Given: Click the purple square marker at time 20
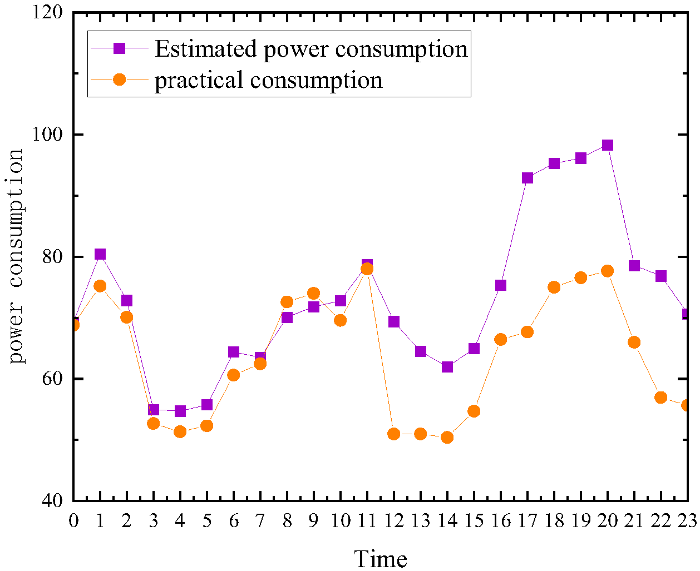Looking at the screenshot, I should (608, 145).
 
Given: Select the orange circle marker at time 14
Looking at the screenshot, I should (447, 438).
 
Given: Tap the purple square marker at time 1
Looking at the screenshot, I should (100, 254).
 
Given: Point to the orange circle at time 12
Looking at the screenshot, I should (394, 434).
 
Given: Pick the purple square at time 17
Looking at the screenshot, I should (528, 178).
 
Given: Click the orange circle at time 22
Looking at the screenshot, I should (661, 398).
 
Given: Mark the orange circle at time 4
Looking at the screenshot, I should (180, 431).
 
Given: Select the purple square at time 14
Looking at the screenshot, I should (447, 367).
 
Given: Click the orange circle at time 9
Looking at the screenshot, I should (313, 293).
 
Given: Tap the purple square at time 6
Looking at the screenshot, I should (233, 352).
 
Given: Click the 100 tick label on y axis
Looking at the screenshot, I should (52, 135).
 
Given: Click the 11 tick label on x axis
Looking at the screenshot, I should (367, 521).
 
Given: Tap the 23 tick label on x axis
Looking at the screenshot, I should (687, 521).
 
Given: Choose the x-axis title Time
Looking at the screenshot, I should (381, 558).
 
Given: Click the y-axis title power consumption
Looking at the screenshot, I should (16, 256).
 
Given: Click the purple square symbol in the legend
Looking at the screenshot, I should (119, 48).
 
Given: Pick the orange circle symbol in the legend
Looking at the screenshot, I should (119, 80).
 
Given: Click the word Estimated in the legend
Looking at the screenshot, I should (206, 49).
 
